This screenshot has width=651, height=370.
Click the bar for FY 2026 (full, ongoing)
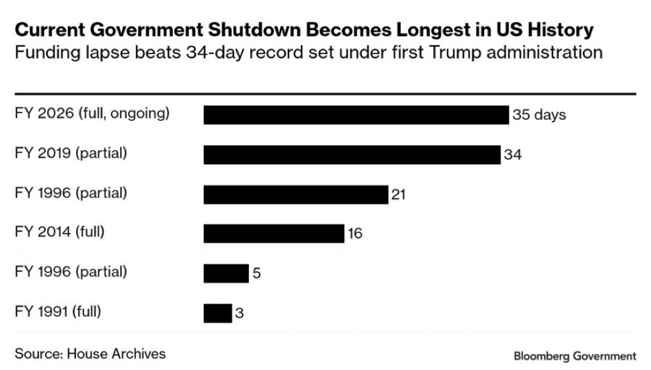pyautogui.click(x=357, y=115)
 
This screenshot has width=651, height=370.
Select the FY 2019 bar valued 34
pyautogui.click(x=352, y=155)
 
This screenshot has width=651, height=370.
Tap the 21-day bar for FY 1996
pyautogui.click(x=296, y=195)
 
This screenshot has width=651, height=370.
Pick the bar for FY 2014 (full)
pyautogui.click(x=274, y=233)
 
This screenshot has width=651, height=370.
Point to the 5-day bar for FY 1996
pyautogui.click(x=226, y=272)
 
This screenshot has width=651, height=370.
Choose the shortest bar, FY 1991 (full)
pyautogui.click(x=218, y=313)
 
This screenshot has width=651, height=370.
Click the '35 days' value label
pyautogui.click(x=539, y=115)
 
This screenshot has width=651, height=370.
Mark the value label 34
pyautogui.click(x=513, y=155)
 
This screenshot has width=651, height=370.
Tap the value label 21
pyautogui.click(x=397, y=195)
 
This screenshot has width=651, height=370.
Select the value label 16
pyautogui.click(x=355, y=233)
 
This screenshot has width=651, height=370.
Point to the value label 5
pyautogui.click(x=256, y=272)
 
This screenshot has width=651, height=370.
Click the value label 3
pyautogui.click(x=240, y=313)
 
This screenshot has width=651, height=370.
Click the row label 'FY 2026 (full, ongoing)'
pyautogui.click(x=92, y=113)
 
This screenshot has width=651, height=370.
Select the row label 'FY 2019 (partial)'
pyautogui.click(x=71, y=154)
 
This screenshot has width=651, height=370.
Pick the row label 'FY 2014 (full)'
pyautogui.click(x=59, y=232)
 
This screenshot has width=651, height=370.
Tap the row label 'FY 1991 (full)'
pyautogui.click(x=59, y=311)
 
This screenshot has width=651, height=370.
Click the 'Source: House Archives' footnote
pyautogui.click(x=90, y=353)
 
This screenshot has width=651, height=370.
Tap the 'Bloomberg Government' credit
pyautogui.click(x=574, y=356)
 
